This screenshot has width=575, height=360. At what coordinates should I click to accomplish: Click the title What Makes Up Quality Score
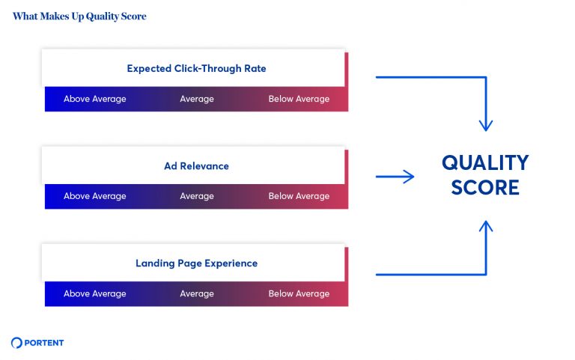coord(79,16)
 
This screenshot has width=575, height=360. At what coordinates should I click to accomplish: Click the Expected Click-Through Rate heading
coord(196,69)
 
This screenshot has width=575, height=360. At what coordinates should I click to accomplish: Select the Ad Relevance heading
coord(196,166)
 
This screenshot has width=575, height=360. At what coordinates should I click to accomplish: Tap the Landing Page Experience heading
coord(196,263)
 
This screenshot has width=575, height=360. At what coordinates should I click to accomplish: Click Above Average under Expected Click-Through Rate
coord(95,99)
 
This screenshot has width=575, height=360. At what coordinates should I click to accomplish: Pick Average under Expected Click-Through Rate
coord(197,99)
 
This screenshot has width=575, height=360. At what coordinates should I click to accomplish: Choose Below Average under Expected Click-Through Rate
coord(299,99)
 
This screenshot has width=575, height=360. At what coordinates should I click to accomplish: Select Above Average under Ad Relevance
coord(95,196)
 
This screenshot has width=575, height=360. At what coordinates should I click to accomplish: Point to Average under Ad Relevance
coord(197,196)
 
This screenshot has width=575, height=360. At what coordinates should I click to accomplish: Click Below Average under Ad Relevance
coord(299,196)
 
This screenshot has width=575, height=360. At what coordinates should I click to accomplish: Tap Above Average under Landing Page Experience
coord(95,293)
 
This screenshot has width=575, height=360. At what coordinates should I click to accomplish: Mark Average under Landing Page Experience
coord(197,293)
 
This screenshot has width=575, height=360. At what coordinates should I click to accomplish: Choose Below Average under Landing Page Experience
coord(299,293)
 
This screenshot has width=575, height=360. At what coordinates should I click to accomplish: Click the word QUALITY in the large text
coord(485,163)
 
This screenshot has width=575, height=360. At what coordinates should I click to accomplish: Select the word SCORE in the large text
coord(485,187)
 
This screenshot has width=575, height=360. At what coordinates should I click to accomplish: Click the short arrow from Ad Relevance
coord(395,177)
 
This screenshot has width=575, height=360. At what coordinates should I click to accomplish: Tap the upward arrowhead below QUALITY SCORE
coord(487,226)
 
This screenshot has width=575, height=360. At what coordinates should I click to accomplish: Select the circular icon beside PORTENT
coord(17,343)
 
